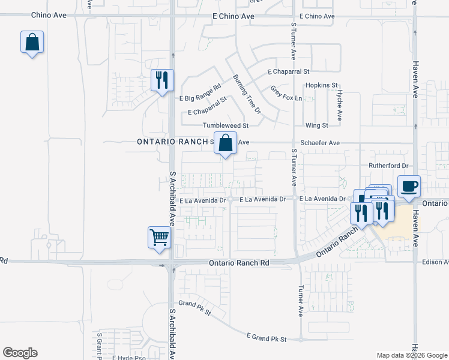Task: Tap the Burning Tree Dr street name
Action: (x=247, y=94)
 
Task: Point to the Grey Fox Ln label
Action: (x=286, y=94)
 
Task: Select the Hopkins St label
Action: (x=322, y=86)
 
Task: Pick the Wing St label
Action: (x=317, y=125)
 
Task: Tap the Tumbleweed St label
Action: (x=225, y=125)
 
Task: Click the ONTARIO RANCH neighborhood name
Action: (x=172, y=142)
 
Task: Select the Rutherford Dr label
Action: (x=388, y=166)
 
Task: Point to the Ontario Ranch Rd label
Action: (x=240, y=263)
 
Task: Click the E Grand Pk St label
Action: (x=267, y=339)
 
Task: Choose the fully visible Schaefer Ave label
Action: (x=320, y=143)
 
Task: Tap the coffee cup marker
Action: (x=409, y=186)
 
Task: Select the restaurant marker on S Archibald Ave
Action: (x=161, y=80)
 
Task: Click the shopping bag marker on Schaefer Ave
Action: (x=225, y=144)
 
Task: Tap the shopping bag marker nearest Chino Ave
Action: (x=32, y=43)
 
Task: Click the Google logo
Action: (x=20, y=353)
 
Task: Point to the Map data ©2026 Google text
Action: (x=411, y=355)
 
